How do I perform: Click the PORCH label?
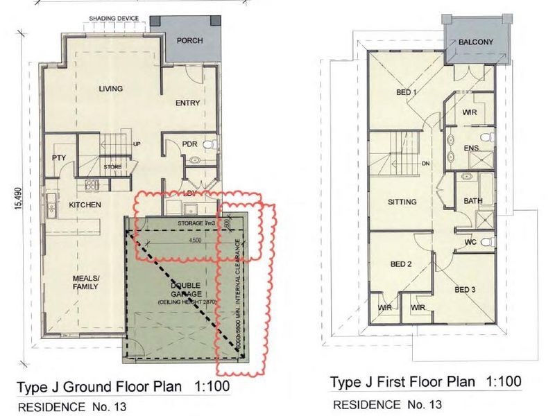pos(189,41)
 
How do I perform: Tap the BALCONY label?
pos(476,42)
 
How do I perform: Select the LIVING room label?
pos(111,89)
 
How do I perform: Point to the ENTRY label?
pos(187,103)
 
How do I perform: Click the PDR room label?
pos(190,144)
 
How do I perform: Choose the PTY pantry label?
pos(58,158)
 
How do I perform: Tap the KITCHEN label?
pos(85,205)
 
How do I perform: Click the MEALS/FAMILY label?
pos(87,283)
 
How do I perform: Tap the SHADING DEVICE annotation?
pos(114,18)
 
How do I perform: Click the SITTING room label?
pos(402,202)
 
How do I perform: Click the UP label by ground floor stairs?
pos(137,145)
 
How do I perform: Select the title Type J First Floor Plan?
pos(402,383)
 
